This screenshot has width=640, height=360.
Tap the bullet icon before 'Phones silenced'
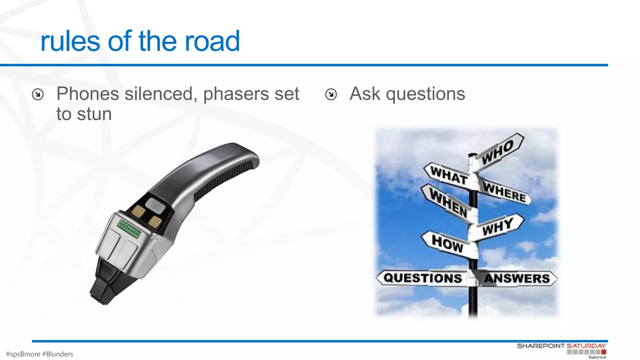click(x=38, y=94)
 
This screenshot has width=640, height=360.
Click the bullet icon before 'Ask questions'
click(x=331, y=94)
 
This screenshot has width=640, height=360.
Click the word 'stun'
click(x=94, y=114)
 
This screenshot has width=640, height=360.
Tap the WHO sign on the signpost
click(x=498, y=152)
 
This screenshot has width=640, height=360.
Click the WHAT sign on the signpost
click(x=448, y=175)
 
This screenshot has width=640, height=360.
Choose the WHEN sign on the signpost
click(x=448, y=203)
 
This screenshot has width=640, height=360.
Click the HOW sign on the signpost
click(x=447, y=243)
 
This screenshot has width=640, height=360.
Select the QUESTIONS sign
click(x=422, y=278)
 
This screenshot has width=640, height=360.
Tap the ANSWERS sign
click(x=517, y=278)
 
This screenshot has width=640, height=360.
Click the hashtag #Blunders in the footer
click(x=58, y=354)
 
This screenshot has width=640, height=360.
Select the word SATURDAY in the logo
click(x=586, y=346)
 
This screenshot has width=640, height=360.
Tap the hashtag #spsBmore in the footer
click(x=23, y=354)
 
